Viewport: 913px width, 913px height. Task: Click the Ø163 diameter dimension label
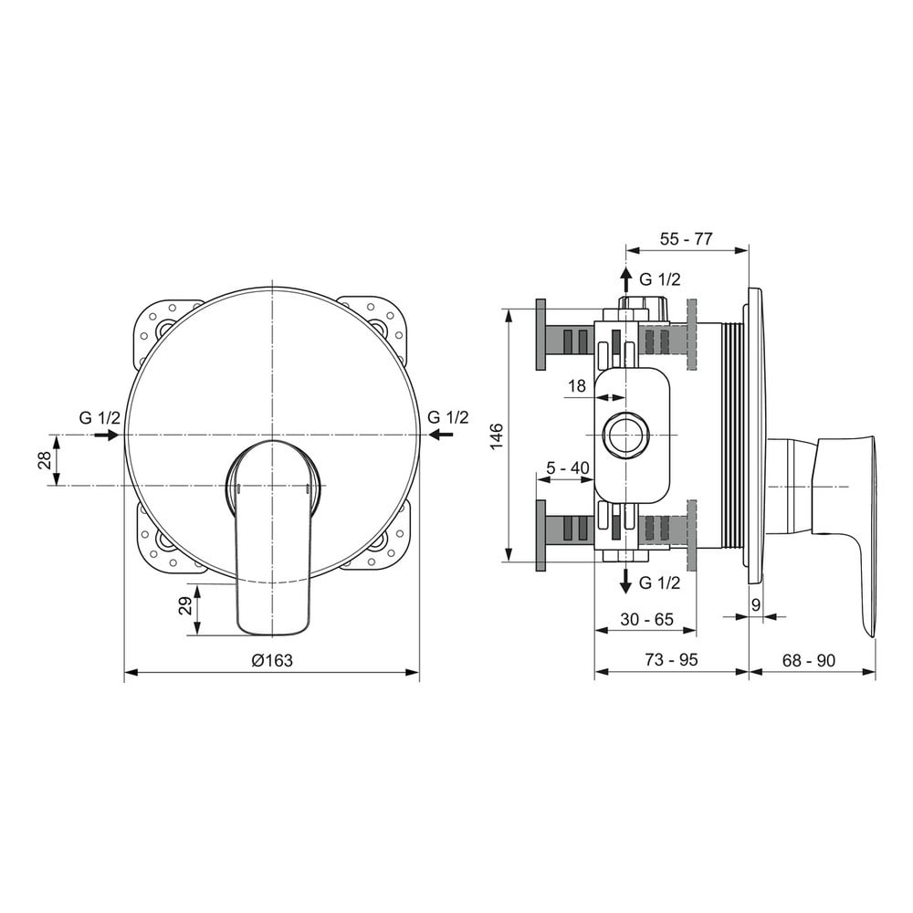click(x=272, y=660)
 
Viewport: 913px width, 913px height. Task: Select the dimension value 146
click(x=496, y=436)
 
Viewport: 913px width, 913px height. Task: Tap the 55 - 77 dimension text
click(x=686, y=238)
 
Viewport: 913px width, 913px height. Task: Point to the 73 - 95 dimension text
click(x=671, y=660)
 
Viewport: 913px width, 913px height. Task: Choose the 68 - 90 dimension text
click(x=809, y=660)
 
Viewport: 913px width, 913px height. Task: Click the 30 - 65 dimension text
click(x=646, y=619)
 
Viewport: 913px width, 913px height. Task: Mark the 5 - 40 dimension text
click(x=567, y=467)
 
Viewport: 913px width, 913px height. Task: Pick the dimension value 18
click(x=576, y=385)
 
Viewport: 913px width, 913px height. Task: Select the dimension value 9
click(x=756, y=605)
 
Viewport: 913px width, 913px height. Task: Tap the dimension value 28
click(x=45, y=461)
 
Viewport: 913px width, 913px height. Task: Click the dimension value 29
click(x=185, y=606)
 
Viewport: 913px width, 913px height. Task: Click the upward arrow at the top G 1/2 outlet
click(x=626, y=280)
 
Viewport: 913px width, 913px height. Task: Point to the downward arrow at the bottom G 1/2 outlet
click(x=626, y=581)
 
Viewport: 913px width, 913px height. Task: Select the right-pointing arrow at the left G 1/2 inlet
click(x=107, y=435)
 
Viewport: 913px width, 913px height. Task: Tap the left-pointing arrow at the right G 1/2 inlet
click(x=441, y=434)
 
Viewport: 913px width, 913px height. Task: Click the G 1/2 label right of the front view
click(x=447, y=417)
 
